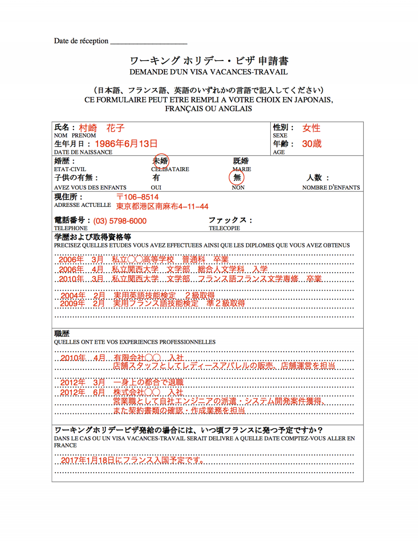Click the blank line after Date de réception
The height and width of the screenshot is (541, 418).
148,42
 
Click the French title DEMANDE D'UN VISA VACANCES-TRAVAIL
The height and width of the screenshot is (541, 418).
209,72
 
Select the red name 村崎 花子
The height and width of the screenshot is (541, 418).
101,128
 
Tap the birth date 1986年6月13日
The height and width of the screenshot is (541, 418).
126,144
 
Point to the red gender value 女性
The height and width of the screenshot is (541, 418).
311,128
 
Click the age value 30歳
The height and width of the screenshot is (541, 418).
312,144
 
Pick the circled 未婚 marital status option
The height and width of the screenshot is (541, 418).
161,161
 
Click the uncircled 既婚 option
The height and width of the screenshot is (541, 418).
241,161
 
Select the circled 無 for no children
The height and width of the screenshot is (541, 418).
237,177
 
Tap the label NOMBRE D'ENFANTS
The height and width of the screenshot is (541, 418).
331,188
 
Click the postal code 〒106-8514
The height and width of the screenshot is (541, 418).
137,197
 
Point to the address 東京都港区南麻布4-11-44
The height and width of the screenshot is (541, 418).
162,206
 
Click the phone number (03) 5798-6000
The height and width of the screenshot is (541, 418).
120,221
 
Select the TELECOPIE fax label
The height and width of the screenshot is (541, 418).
224,228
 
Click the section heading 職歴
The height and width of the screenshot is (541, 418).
62,334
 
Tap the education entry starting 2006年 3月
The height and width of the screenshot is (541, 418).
143,260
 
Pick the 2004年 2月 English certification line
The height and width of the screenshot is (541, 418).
137,296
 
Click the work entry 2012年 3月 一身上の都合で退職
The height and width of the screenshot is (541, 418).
121,382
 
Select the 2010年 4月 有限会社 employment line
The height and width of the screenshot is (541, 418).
121,358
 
